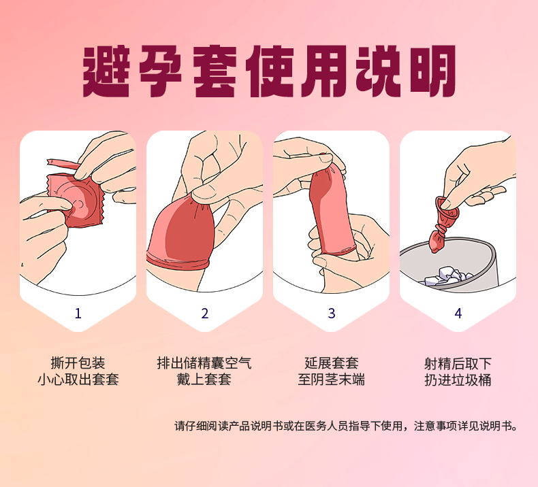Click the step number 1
click(78, 314)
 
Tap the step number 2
click(205, 314)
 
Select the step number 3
click(332, 314)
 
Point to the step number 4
click(458, 314)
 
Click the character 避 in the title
click(106, 71)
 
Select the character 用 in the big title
click(324, 71)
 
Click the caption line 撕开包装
click(78, 363)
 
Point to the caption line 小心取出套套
click(78, 380)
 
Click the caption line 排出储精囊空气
click(204, 363)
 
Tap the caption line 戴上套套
click(204, 380)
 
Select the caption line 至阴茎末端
click(332, 380)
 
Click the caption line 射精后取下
click(458, 363)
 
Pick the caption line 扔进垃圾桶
click(458, 380)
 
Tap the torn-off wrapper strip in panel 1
click(63, 164)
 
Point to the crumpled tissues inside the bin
click(449, 276)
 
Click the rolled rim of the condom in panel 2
click(176, 261)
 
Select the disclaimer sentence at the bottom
click(346, 426)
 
